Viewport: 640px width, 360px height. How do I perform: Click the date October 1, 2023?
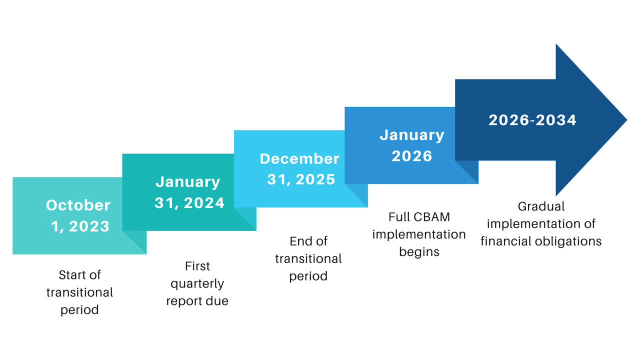78,215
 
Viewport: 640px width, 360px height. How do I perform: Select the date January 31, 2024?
188,192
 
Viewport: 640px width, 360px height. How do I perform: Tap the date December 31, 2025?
300,169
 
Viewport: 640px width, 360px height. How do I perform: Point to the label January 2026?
411,145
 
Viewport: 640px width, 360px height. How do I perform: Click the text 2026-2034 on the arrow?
532,120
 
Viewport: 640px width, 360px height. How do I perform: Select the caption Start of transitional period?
79,292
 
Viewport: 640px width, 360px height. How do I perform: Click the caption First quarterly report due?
197,283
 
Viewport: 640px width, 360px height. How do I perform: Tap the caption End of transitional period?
308,258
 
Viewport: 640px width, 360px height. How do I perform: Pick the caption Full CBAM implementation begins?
419,234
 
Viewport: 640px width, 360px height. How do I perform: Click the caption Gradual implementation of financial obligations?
541,223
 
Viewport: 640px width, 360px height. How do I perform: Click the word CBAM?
432,217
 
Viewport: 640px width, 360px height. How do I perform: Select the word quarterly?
197,284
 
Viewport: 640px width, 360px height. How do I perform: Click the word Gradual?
541,206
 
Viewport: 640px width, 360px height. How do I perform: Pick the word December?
299,159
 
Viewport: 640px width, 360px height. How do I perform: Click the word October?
78,205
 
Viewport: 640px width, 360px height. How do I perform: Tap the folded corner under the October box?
134,242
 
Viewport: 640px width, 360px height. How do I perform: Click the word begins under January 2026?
419,251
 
